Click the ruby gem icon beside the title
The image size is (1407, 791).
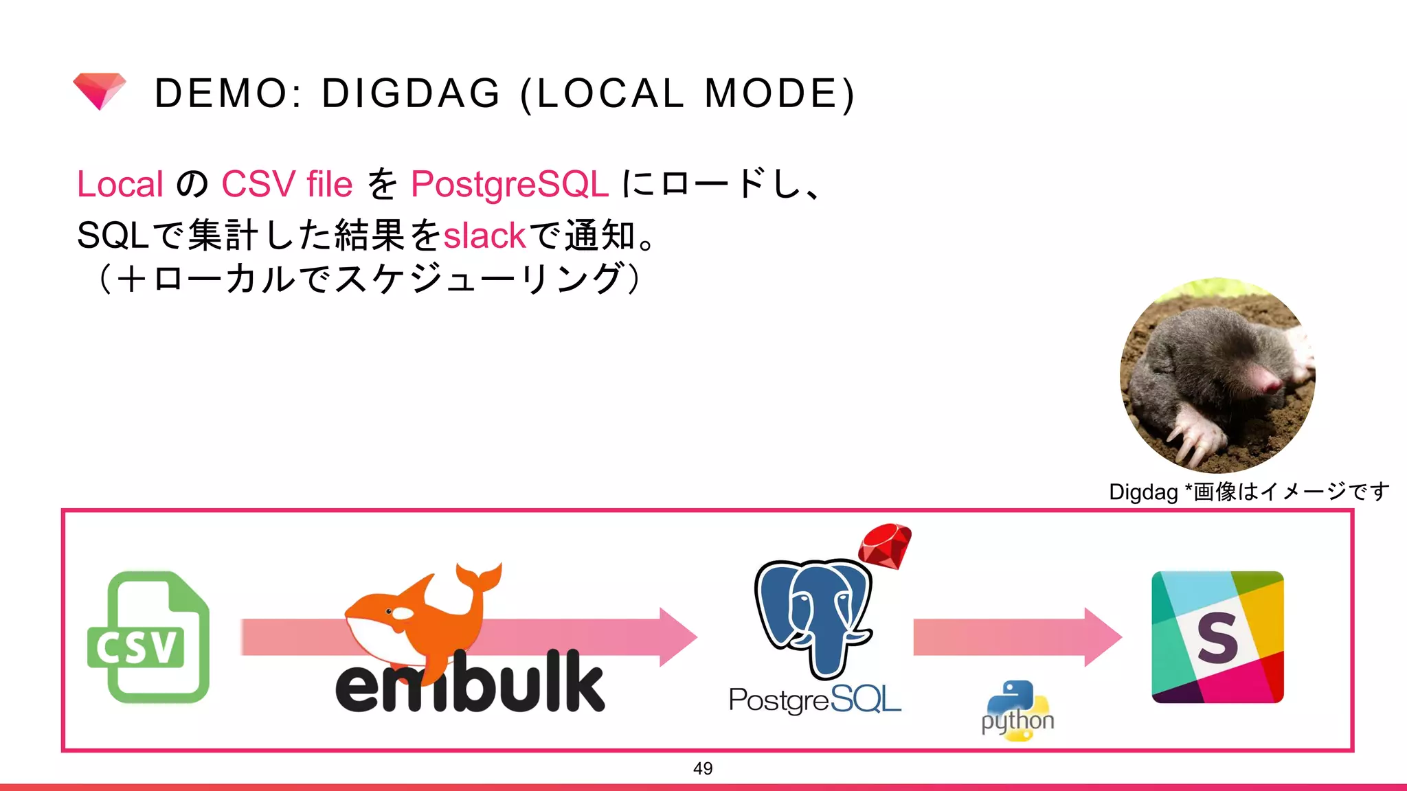coord(100,91)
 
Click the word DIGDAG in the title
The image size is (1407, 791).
coord(411,93)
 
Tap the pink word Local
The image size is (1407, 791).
coord(120,184)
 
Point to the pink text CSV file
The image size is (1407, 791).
coord(286,184)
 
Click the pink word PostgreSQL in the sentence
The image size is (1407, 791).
coord(509,184)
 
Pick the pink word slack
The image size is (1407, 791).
coord(484,236)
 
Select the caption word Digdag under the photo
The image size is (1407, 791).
coord(1143,492)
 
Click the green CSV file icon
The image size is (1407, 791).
coord(148,637)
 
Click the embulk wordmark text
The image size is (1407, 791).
coord(470,684)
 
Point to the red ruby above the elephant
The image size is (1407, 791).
coord(885,545)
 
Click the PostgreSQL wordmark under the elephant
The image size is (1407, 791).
coord(815,700)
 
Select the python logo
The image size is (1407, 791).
coord(1017,711)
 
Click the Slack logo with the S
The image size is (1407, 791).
coord(1217,637)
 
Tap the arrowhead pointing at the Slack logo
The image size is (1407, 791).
coord(1102,637)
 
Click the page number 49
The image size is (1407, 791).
coord(703,768)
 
